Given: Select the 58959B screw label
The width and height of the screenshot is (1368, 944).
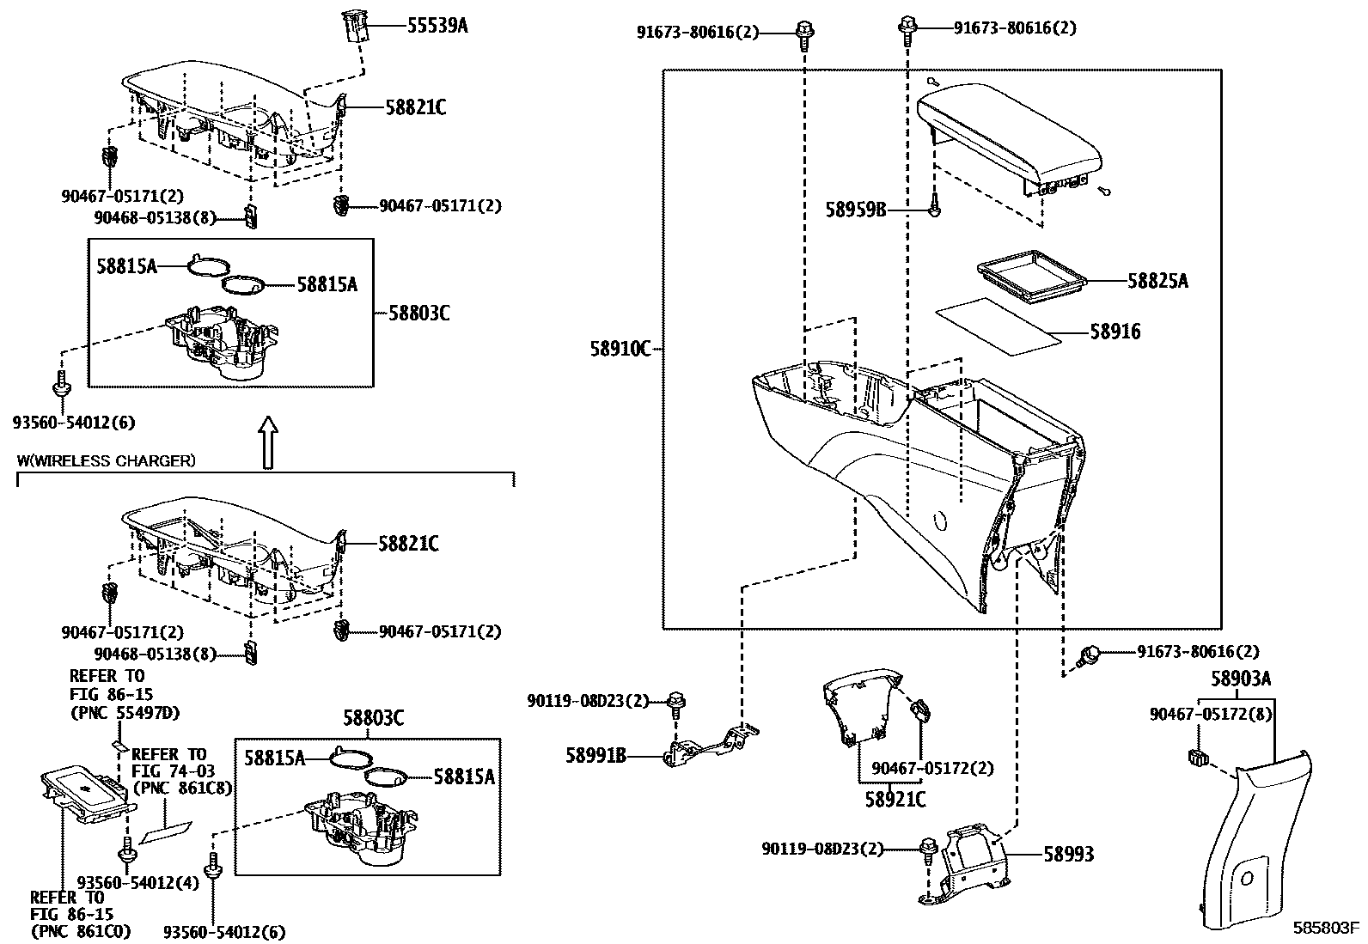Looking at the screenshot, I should (x=855, y=210).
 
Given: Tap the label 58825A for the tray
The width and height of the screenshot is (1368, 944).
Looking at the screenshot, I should (x=1157, y=281).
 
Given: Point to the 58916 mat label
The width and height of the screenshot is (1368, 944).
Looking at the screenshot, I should (x=1115, y=332).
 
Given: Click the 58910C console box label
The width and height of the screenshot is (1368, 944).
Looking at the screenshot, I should (x=620, y=350).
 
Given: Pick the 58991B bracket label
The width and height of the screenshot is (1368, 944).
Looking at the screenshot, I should (x=595, y=756).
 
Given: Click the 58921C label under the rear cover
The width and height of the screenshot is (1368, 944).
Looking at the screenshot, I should (x=896, y=800).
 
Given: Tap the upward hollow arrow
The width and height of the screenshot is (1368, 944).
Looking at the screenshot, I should (x=269, y=442).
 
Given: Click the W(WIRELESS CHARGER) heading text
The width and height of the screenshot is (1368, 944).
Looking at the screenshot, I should (x=106, y=461).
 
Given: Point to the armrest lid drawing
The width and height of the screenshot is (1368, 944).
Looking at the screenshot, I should (x=1010, y=137).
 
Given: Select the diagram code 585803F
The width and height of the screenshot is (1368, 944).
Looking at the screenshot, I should (x=1327, y=929).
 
